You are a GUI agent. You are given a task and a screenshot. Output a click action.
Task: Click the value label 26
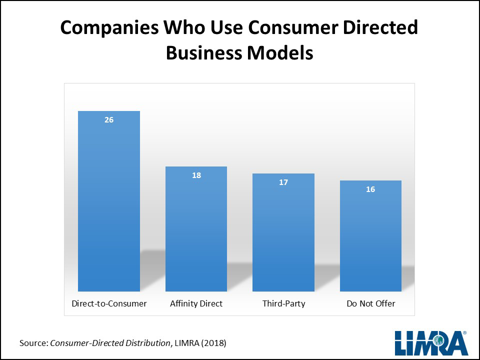coord(109,120)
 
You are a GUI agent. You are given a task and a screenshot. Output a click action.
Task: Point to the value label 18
coord(196,175)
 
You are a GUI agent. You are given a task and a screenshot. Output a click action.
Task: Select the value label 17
coord(283,182)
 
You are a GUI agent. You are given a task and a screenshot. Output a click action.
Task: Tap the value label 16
coord(370,189)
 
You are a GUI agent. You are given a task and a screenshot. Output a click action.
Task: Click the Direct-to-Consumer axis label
coord(109,303)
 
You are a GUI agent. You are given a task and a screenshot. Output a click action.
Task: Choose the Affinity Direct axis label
coord(196,303)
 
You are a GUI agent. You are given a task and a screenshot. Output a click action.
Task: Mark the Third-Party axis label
coord(283,303)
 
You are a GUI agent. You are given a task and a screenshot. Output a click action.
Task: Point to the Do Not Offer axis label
coord(370,303)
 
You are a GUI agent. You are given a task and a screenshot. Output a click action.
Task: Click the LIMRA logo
coord(430,343)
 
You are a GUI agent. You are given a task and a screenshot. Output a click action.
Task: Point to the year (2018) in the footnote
coord(215,343)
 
